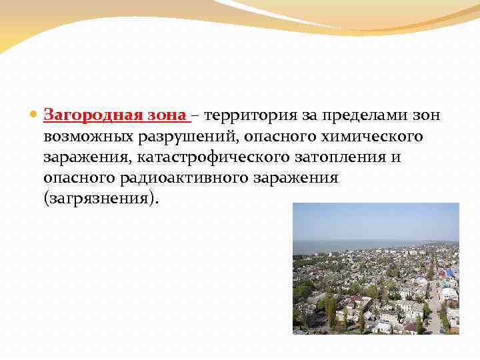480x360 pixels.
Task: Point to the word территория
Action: coord(245,115)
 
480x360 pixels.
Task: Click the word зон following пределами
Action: coord(425,115)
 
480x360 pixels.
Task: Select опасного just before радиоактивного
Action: coord(75,179)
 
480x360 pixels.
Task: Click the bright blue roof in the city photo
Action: coord(450,273)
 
